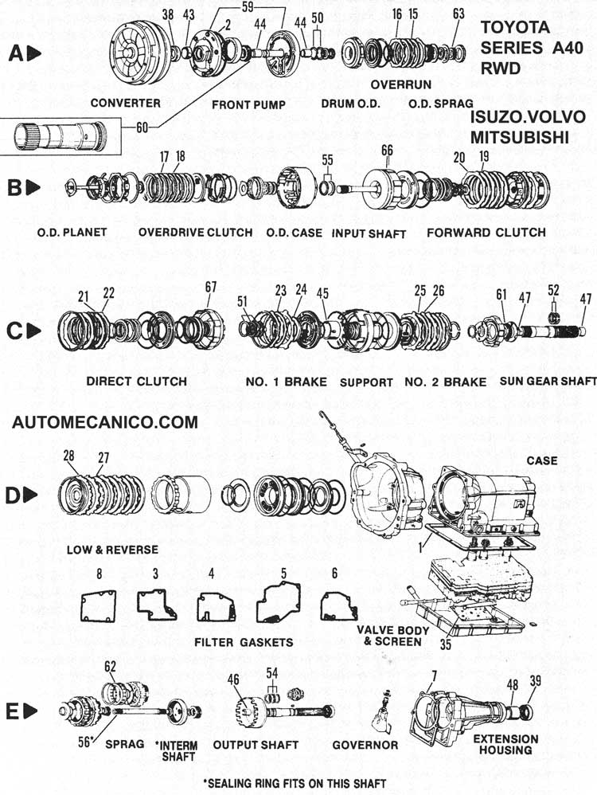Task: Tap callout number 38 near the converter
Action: (x=167, y=14)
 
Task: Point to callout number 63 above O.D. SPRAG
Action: (x=458, y=14)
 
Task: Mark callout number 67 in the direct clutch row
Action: (x=210, y=287)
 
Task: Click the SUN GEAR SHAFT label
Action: (x=548, y=382)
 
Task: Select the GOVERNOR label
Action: (x=366, y=745)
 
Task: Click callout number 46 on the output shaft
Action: (x=233, y=680)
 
